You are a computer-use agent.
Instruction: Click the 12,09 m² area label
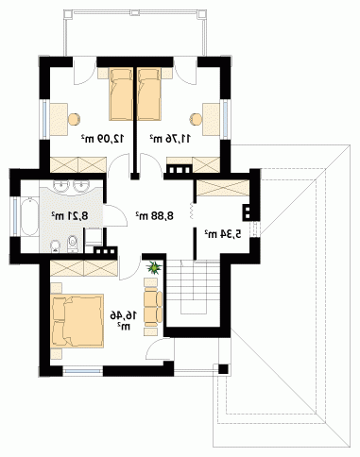[103, 138]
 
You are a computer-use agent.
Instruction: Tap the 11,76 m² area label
[170, 138]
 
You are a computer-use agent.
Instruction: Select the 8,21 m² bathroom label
[70, 216]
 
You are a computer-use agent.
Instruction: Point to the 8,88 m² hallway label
[155, 215]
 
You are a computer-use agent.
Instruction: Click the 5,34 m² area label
[223, 234]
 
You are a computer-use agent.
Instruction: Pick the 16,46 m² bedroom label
[124, 320]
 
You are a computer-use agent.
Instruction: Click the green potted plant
[154, 268]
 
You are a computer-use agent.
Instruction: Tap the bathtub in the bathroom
[29, 216]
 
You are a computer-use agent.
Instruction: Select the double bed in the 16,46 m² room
[77, 320]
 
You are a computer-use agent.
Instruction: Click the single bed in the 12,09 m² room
[121, 94]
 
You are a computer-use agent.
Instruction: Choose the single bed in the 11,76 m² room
[149, 94]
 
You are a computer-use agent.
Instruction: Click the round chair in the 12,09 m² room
[75, 119]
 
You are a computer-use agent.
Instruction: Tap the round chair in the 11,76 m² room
[196, 119]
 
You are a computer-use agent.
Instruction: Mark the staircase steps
[193, 286]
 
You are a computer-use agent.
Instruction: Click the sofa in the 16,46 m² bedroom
[153, 307]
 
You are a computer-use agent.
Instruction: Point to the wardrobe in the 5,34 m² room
[222, 188]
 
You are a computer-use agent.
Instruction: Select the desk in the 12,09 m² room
[59, 120]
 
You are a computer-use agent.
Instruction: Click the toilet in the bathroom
[73, 244]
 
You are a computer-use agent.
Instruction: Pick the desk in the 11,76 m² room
[211, 120]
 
